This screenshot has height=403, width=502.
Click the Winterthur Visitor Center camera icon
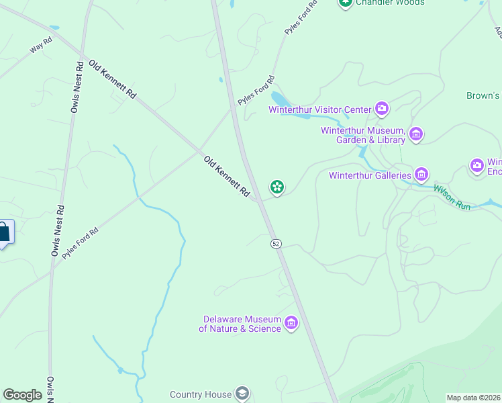(382, 108)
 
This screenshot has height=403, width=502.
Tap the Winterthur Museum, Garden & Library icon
(416, 134)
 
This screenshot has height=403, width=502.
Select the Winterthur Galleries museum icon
(421, 175)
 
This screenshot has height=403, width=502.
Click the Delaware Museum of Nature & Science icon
(291, 324)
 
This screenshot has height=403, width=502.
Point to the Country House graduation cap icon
(242, 394)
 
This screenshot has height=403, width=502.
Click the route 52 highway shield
(276, 243)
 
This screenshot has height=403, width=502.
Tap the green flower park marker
(276, 187)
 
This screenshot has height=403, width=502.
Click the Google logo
(22, 395)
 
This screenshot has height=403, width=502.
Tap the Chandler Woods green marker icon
(346, 3)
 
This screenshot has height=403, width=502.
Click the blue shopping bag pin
(4, 232)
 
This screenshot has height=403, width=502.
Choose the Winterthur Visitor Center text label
(320, 109)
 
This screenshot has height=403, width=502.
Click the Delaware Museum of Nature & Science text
(240, 324)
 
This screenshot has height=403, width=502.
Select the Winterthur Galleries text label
(370, 176)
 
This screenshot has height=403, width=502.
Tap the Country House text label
(201, 395)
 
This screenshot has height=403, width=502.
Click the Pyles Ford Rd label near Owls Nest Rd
(80, 243)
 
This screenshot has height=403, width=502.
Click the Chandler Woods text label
(390, 3)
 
